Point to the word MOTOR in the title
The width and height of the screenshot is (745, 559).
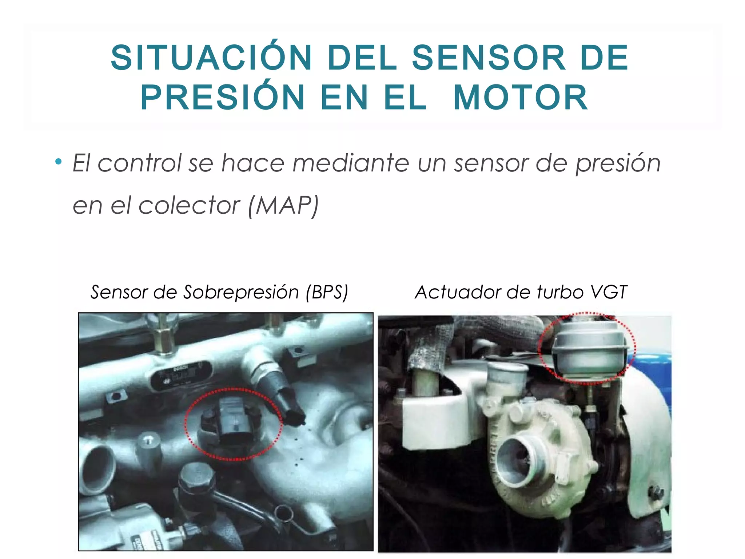tap(521, 97)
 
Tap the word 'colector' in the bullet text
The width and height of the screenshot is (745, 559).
tap(189, 206)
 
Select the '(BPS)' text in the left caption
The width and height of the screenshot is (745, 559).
tap(327, 292)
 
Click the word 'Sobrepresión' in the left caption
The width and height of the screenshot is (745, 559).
tap(240, 292)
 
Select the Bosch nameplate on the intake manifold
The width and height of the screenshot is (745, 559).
tap(180, 375)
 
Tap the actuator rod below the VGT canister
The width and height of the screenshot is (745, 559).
tap(590, 397)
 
